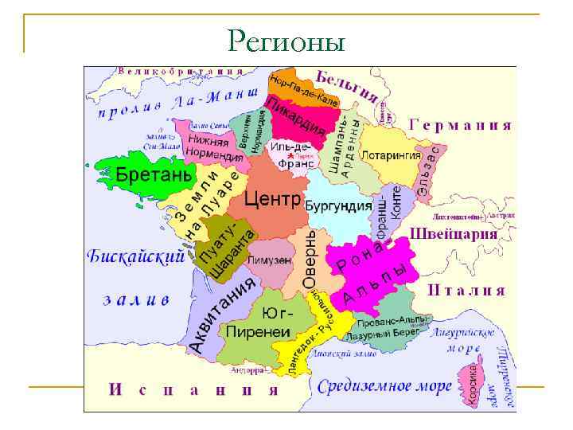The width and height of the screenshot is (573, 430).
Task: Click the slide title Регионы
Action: (x=286, y=39)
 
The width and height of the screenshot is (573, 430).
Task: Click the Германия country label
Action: (x=460, y=125)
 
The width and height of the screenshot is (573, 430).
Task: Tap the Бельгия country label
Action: (x=347, y=84)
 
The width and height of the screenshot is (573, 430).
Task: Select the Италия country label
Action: (x=466, y=291)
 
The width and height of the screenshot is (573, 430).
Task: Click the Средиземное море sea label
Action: (x=384, y=387)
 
